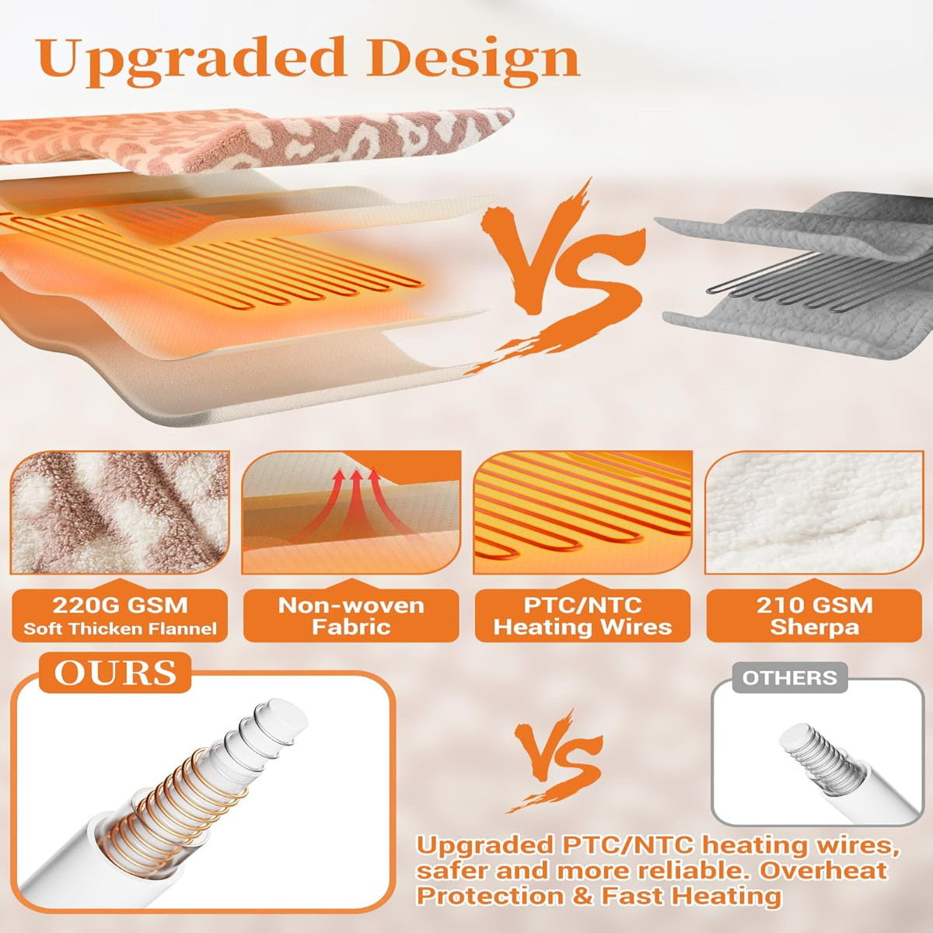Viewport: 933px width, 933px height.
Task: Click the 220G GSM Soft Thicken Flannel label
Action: click(x=120, y=615)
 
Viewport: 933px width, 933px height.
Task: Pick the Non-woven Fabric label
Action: click(x=351, y=615)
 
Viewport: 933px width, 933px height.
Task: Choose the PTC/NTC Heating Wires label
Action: click(x=582, y=615)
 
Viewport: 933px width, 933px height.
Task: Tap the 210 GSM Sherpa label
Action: click(x=814, y=615)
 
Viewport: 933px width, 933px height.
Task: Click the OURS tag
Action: click(x=115, y=673)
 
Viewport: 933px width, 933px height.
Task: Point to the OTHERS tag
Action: click(x=790, y=677)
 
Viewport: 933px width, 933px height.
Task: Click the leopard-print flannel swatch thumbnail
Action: click(x=120, y=512)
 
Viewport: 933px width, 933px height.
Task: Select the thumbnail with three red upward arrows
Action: click(x=351, y=512)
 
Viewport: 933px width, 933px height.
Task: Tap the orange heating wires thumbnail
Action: click(x=583, y=512)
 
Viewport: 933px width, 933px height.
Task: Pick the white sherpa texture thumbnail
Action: click(x=814, y=512)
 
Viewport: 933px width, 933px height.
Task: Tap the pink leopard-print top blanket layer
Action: click(x=252, y=141)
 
